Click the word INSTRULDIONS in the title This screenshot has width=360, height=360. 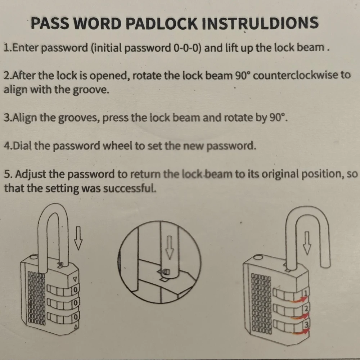click(260, 23)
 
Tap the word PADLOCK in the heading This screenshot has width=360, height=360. click(162, 23)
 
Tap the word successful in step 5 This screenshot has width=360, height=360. click(130, 188)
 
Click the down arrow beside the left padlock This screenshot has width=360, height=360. click(78, 238)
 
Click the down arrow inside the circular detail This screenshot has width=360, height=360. click(170, 247)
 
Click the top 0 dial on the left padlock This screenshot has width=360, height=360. click(75, 289)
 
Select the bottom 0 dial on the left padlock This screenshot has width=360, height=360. click(76, 317)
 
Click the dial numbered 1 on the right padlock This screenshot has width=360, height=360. click(306, 293)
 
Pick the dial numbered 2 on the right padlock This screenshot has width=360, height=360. click(306, 309)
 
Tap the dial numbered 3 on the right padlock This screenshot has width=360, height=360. click(306, 324)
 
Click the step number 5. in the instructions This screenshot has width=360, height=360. click(8, 174)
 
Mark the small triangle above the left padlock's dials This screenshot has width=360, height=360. click(75, 279)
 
